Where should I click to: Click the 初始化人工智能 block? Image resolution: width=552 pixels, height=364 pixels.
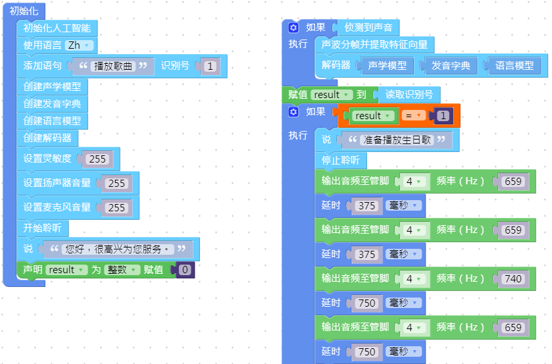pyautogui.click(x=57, y=28)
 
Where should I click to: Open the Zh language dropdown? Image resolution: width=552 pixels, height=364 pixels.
pyautogui.click(x=81, y=45)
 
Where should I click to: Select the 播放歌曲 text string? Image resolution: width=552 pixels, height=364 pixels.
pyautogui.click(x=113, y=66)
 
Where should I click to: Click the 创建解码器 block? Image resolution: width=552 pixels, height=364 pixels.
pyautogui.click(x=47, y=138)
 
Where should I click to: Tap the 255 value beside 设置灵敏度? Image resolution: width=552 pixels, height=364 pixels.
pyautogui.click(x=98, y=159)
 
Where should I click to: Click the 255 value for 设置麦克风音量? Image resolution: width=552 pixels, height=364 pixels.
pyautogui.click(x=116, y=207)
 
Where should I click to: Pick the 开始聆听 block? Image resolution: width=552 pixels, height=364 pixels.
pyautogui.click(x=42, y=228)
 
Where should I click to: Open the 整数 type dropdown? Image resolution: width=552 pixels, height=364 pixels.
pyautogui.click(x=122, y=270)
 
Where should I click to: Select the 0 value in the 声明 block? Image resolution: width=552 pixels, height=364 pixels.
pyautogui.click(x=186, y=270)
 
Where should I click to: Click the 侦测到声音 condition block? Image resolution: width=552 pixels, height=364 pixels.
pyautogui.click(x=366, y=28)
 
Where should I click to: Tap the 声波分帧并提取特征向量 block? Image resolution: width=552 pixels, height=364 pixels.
pyautogui.click(x=374, y=45)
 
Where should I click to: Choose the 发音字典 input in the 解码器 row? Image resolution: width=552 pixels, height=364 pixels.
pyautogui.click(x=451, y=66)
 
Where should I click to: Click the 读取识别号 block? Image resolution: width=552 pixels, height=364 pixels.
pyautogui.click(x=409, y=95)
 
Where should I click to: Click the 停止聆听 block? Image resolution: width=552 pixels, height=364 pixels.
pyautogui.click(x=339, y=161)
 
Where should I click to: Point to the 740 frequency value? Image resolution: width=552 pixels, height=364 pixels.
pyautogui.click(x=512, y=279)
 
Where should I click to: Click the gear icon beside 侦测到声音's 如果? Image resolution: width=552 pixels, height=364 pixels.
pyautogui.click(x=293, y=28)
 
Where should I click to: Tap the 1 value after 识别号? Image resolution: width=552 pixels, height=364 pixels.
pyautogui.click(x=209, y=66)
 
